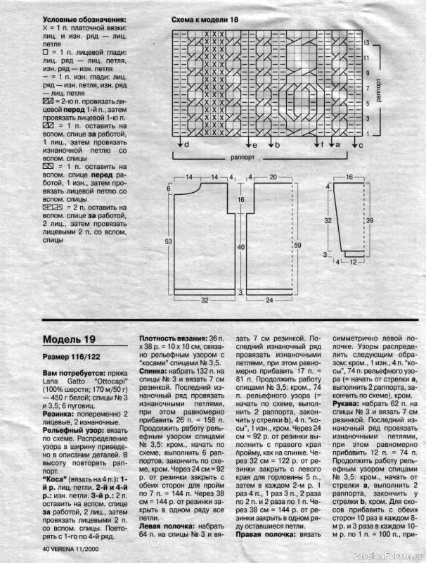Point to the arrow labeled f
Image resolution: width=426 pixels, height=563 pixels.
click(x=323, y=144)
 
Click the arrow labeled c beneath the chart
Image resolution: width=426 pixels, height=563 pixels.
click(x=356, y=144)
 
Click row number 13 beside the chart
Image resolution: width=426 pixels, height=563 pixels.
click(x=367, y=43)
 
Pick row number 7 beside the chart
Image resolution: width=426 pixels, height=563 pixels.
click(x=367, y=89)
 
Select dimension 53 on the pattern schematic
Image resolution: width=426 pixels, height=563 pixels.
click(x=169, y=241)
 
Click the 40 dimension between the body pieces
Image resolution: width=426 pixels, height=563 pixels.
click(x=241, y=247)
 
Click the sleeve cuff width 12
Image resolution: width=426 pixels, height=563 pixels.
click(x=352, y=262)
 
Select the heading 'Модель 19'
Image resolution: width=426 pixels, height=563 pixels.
click(x=66, y=339)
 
